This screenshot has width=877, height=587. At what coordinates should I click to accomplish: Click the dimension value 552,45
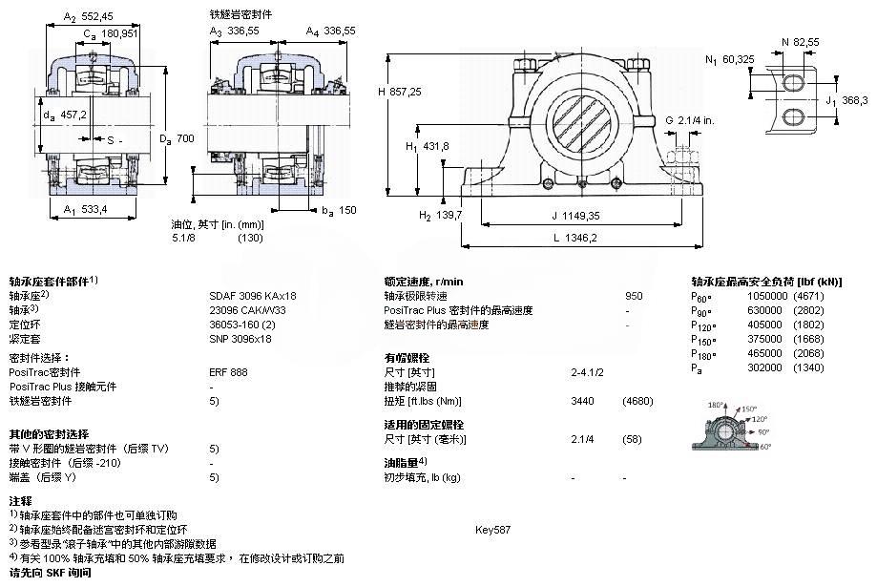click(95, 16)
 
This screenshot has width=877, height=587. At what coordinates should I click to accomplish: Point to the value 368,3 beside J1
click(853, 100)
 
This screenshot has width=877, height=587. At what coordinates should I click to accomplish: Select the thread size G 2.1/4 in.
click(696, 120)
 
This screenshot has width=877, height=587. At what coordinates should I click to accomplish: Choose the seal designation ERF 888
click(227, 371)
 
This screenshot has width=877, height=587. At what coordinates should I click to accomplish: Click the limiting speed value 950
click(634, 296)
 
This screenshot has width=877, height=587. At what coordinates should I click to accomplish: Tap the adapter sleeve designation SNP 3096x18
click(240, 338)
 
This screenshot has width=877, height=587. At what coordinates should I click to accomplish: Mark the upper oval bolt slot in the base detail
click(796, 84)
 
